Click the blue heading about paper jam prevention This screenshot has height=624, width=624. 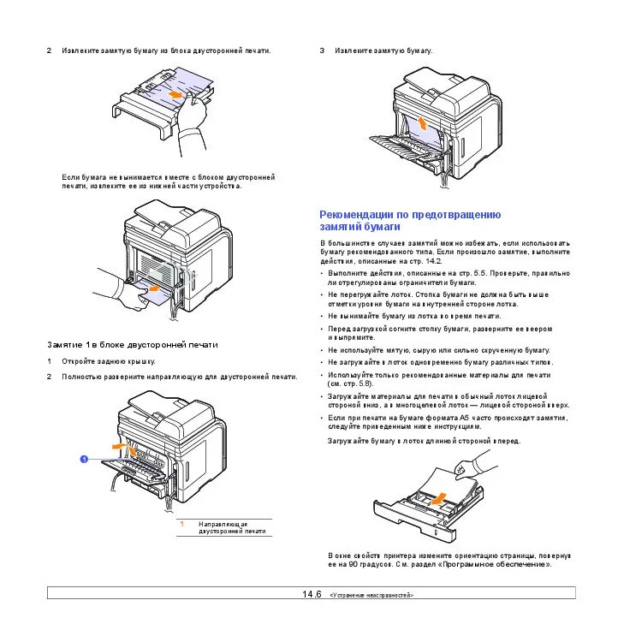point(409,221)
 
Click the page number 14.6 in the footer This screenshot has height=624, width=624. point(311,594)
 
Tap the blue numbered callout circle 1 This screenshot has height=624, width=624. point(84,460)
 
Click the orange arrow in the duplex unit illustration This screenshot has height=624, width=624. point(177,92)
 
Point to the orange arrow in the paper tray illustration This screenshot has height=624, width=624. point(437,497)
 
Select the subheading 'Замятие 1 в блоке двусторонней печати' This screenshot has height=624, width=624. point(132,344)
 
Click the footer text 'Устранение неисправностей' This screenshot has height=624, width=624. point(371,595)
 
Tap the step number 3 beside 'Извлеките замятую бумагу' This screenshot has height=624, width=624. point(322,51)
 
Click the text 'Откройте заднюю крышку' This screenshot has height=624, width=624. point(108,362)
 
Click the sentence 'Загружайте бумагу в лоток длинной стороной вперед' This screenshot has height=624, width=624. point(424,441)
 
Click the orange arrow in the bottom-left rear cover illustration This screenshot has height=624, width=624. point(120,447)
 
